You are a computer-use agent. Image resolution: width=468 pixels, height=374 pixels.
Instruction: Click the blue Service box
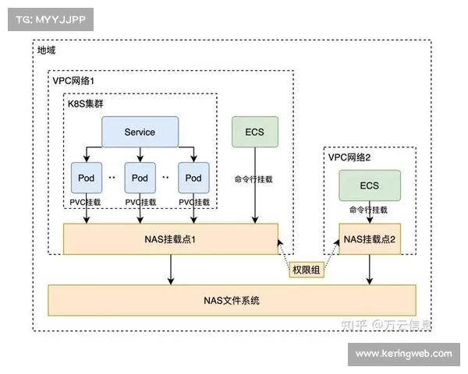[140, 132]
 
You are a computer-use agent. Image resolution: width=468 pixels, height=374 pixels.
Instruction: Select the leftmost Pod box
[85, 178]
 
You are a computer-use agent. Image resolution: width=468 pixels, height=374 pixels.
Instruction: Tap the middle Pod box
[140, 178]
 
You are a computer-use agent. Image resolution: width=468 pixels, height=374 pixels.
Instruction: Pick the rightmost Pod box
[194, 178]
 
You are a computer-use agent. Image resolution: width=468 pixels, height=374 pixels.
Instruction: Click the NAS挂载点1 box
[170, 238]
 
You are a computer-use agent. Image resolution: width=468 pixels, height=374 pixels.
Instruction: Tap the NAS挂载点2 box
[369, 238]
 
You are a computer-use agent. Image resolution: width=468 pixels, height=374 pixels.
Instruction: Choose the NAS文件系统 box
[232, 300]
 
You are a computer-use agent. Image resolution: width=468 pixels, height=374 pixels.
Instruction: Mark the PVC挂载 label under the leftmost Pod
[85, 202]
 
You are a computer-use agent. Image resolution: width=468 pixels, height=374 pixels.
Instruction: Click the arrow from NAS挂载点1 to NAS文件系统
[170, 270]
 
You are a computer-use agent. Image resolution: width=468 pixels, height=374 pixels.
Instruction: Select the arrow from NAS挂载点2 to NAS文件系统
[369, 270]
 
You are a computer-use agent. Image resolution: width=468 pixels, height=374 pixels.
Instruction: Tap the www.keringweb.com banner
[402, 354]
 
